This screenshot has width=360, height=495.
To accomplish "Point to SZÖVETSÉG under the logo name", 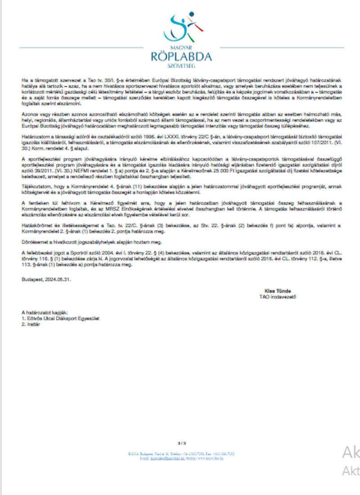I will point(182,66).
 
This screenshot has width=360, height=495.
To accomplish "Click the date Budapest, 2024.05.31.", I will point(46,279).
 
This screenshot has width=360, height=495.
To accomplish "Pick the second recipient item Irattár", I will point(31,324).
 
